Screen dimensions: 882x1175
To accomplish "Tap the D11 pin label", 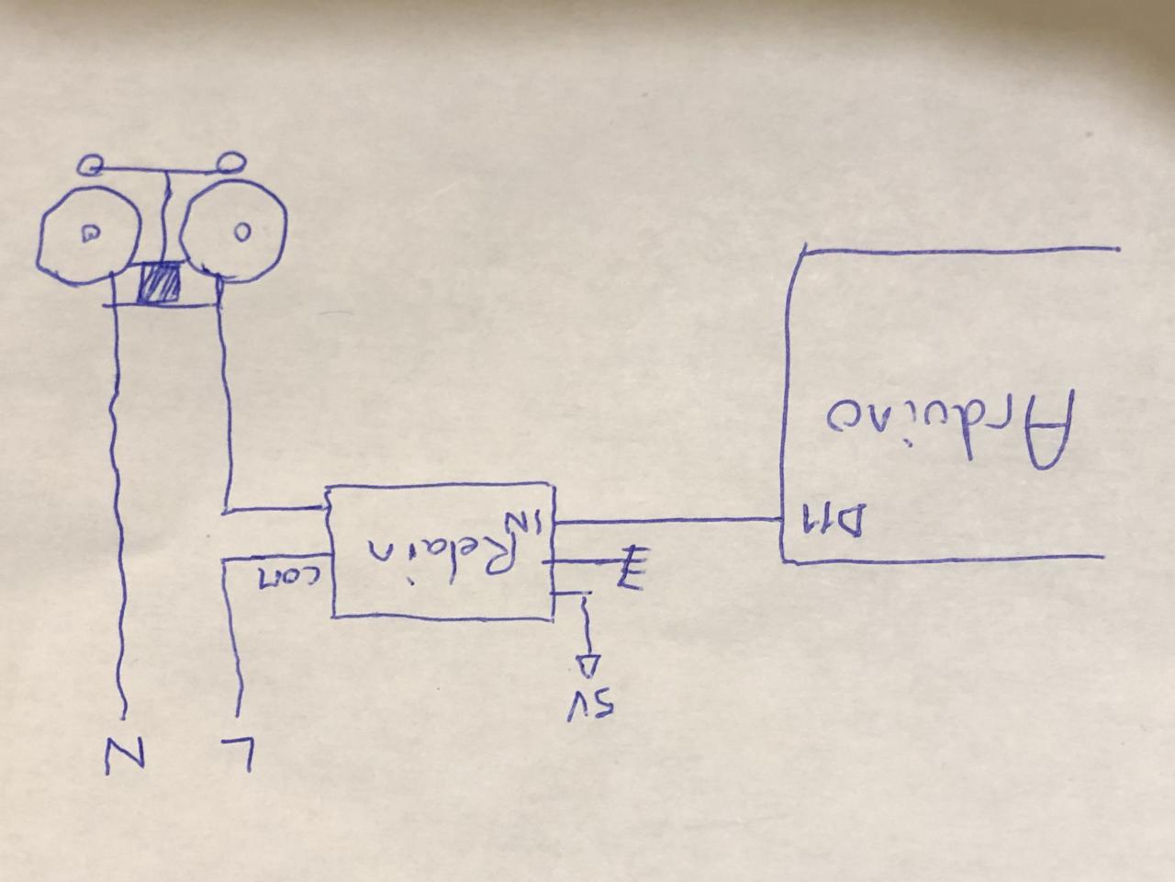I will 832,521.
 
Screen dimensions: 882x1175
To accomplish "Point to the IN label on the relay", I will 535,521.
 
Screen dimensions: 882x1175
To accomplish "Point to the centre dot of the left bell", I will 91,233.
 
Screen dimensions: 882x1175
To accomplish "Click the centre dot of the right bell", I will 241,232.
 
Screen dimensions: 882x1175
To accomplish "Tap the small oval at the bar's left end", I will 90,165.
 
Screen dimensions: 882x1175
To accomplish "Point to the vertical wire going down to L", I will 235,643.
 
